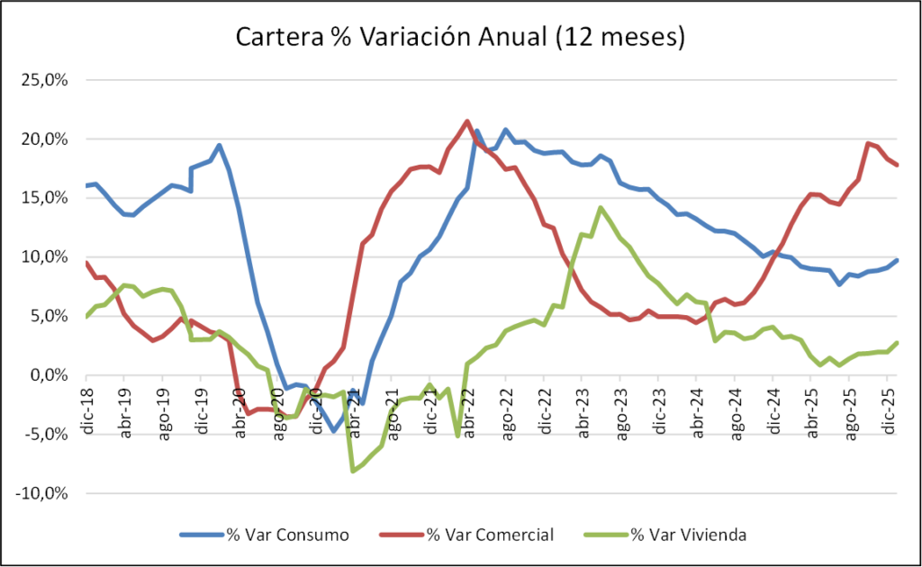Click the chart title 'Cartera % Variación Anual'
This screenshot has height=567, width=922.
460,38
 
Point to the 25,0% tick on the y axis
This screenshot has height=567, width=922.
49,80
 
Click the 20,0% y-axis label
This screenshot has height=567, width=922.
49,139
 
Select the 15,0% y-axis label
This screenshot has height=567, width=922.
49,198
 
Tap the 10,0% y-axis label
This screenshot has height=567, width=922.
49,257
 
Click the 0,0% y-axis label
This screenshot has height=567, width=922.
51,375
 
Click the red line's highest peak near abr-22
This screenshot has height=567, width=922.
467,121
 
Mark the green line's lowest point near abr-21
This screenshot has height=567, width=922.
353,471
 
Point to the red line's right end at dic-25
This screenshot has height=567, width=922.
896,164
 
